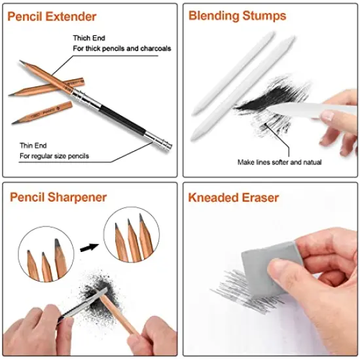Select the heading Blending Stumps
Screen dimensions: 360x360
click(237, 16)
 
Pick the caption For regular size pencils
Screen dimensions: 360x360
click(54, 156)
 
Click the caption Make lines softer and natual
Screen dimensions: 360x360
click(280, 162)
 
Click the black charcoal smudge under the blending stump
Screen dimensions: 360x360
click(262, 105)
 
